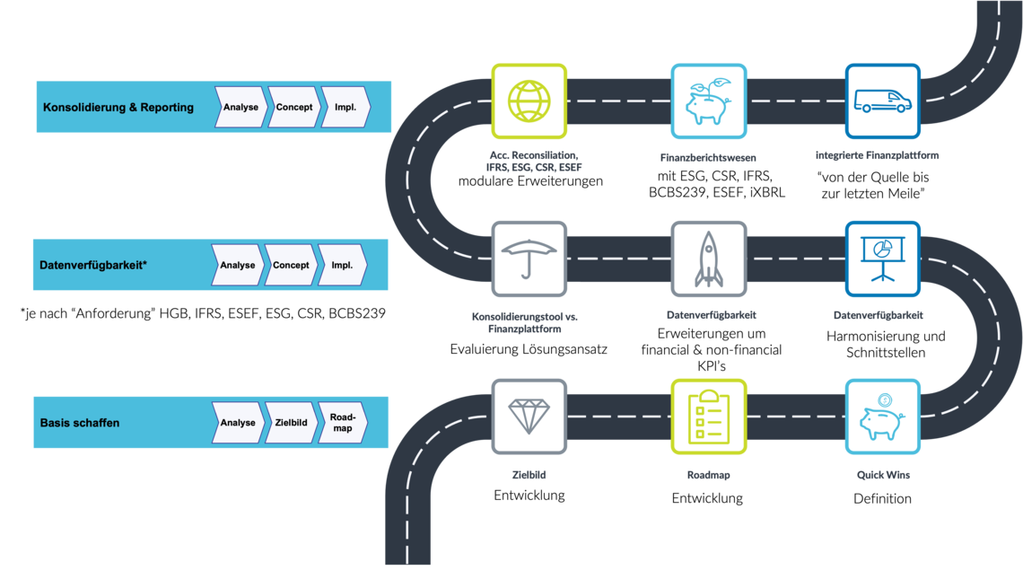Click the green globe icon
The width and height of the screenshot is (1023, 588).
[x=529, y=101]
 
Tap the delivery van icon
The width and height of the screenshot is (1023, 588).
[x=883, y=101]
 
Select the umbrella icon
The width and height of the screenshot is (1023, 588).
[x=529, y=259]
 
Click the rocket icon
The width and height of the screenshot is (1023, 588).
[x=709, y=259]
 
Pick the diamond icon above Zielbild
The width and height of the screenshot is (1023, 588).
[x=529, y=417]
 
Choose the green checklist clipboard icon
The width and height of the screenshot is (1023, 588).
[x=709, y=417]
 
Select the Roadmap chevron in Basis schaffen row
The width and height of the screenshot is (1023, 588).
[x=343, y=423]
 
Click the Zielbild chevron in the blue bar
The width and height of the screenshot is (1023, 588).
[x=291, y=423]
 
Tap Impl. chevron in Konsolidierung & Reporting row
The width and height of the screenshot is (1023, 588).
[x=345, y=107]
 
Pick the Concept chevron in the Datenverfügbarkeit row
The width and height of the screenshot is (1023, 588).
[x=291, y=265]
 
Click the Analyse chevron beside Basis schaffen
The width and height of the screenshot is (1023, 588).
[x=238, y=423]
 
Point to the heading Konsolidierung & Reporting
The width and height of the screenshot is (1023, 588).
[x=118, y=107]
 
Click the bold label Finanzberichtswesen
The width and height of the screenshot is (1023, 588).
[x=708, y=157]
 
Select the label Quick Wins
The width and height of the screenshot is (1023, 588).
[x=883, y=475]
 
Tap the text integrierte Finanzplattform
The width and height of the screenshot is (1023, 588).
[x=877, y=155]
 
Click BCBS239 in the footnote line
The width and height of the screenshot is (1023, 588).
[x=357, y=313]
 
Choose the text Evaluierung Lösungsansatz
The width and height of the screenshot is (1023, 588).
[x=529, y=349]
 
